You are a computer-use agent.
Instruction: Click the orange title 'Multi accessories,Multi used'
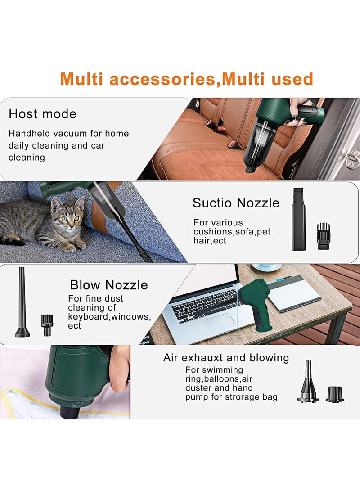coord(186,79)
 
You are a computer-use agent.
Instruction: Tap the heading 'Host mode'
coord(42,114)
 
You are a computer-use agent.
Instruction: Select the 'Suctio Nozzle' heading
coord(236,203)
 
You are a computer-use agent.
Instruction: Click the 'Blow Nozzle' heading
coord(108,285)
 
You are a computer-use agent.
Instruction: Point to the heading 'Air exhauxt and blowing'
coord(226,358)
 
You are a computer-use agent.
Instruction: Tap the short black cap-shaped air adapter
coord(334,394)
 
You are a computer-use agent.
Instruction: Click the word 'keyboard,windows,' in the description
coord(109,316)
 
